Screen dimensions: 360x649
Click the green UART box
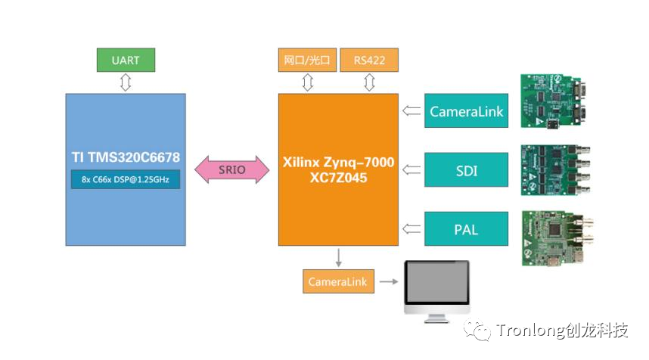point(126,61)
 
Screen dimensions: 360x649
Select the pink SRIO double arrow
point(232,169)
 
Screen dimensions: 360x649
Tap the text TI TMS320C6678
point(126,157)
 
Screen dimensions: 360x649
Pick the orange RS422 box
point(369,61)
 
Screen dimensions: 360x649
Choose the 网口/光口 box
point(307,61)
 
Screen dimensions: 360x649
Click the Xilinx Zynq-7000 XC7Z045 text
point(338,169)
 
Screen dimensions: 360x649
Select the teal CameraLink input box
point(466,111)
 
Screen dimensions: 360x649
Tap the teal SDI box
point(466,170)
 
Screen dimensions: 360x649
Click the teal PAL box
point(466,228)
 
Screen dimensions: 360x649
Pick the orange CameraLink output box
point(337,282)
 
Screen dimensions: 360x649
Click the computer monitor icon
point(436,291)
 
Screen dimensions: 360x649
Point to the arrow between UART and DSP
point(126,82)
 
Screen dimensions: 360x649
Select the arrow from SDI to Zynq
point(411,170)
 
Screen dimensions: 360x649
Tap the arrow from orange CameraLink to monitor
point(387,282)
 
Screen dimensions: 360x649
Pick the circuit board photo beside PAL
point(555,238)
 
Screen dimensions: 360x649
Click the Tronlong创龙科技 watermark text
point(562,331)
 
